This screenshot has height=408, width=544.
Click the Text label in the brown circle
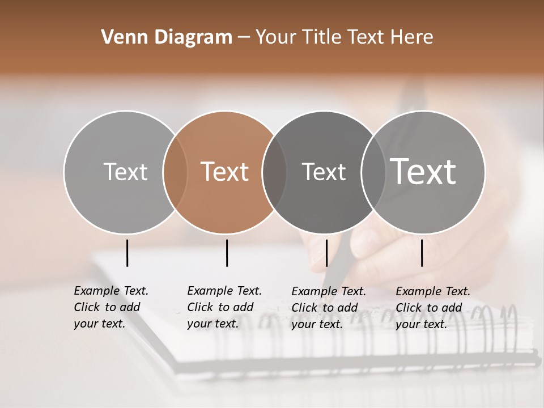tap(225, 172)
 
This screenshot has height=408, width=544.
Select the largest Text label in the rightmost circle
tap(423, 172)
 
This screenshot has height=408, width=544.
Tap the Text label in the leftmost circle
tap(126, 172)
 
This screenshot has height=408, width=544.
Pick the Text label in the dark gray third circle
tap(324, 172)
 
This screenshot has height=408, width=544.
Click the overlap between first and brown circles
tap(175, 172)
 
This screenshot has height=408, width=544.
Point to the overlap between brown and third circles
tap(274, 172)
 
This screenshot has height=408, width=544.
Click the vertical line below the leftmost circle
tap(127, 253)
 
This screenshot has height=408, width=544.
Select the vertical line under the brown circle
tap(227, 253)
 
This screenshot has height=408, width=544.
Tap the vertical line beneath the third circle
tap(326, 253)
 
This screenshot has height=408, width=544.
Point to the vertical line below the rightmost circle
tap(422, 253)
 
